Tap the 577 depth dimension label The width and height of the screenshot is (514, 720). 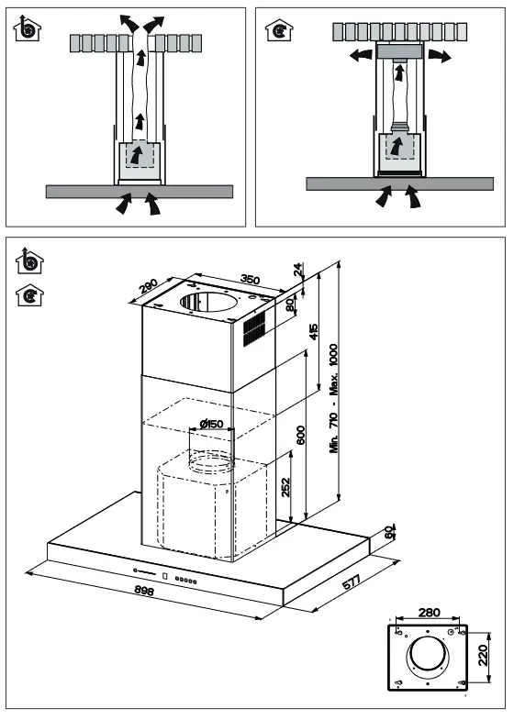(352, 582)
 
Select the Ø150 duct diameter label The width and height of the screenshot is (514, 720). (211, 424)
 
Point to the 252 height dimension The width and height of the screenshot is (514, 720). (285, 487)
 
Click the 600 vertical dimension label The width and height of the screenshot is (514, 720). (300, 435)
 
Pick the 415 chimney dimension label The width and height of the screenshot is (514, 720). (313, 331)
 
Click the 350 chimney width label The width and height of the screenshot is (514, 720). (250, 279)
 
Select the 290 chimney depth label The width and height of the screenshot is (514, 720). (149, 286)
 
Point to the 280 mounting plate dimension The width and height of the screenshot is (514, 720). (429, 612)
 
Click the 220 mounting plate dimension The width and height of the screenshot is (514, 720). (482, 656)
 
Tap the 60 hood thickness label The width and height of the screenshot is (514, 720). (388, 532)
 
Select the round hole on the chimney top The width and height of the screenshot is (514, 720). (209, 301)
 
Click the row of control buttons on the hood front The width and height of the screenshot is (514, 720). (185, 581)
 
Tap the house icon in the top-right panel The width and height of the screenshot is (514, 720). (278, 30)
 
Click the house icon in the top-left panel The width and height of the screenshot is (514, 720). (28, 28)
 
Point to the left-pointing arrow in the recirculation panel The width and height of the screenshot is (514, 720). (361, 56)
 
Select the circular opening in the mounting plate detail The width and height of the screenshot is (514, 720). (427, 654)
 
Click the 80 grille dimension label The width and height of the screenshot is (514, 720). (290, 305)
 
